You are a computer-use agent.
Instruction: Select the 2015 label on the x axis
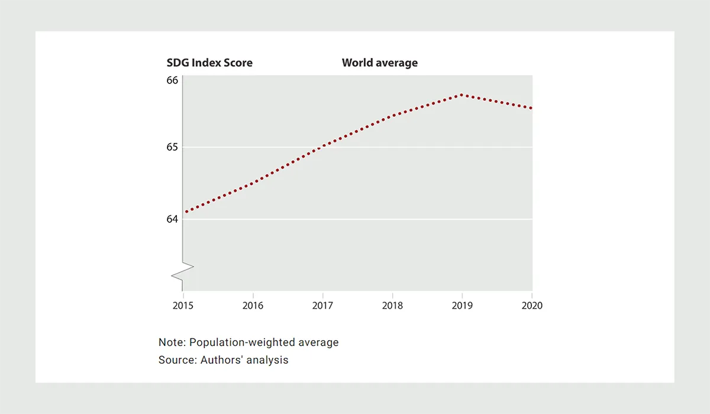pyautogui.click(x=183, y=306)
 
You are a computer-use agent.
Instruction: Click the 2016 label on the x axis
pyautogui.click(x=253, y=306)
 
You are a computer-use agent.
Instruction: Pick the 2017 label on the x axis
pyautogui.click(x=322, y=306)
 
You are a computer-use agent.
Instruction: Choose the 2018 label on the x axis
pyautogui.click(x=392, y=306)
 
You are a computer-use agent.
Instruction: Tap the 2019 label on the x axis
pyautogui.click(x=462, y=306)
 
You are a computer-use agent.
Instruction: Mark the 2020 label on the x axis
pyautogui.click(x=532, y=306)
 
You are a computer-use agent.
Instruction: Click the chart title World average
pyautogui.click(x=379, y=63)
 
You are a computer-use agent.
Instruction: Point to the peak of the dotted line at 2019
pyautogui.click(x=462, y=95)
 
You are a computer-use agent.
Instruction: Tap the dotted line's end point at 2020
pyautogui.click(x=531, y=108)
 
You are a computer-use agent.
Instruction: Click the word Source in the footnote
pyautogui.click(x=175, y=360)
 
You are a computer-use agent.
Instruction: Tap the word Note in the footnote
pyautogui.click(x=170, y=342)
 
